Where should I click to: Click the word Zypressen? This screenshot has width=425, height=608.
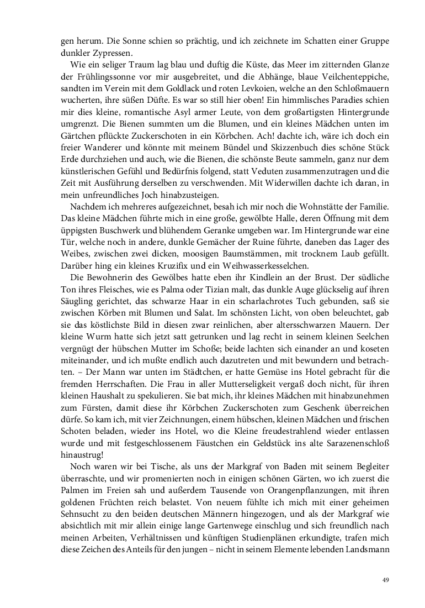click(114, 54)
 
